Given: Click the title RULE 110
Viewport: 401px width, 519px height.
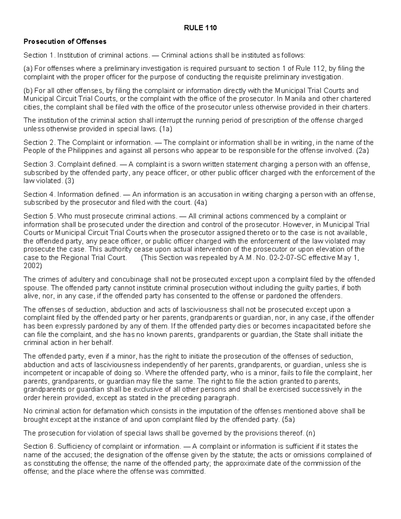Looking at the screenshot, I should pos(200,28).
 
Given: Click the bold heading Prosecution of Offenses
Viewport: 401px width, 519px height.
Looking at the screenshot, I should pos(65,41).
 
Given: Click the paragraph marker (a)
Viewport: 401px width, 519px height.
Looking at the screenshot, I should pos(28,69).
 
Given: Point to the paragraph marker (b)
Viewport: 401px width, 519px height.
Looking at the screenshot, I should pos(28,91).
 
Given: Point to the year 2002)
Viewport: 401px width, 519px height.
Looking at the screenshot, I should pos(33,266).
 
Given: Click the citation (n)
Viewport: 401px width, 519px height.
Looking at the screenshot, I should pos(310,433).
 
